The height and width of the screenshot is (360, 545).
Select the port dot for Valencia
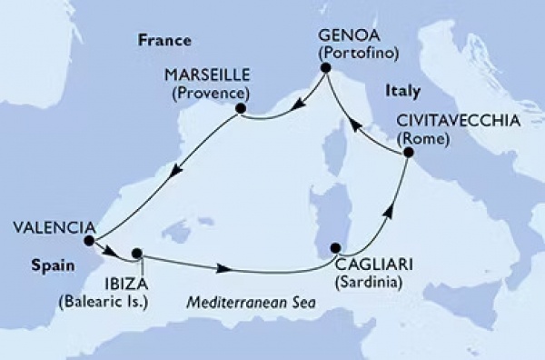click(x=88, y=241)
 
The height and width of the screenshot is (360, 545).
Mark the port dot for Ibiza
click(x=137, y=254)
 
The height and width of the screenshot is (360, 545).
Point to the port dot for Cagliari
click(x=336, y=247)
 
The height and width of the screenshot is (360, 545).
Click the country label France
click(x=163, y=41)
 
